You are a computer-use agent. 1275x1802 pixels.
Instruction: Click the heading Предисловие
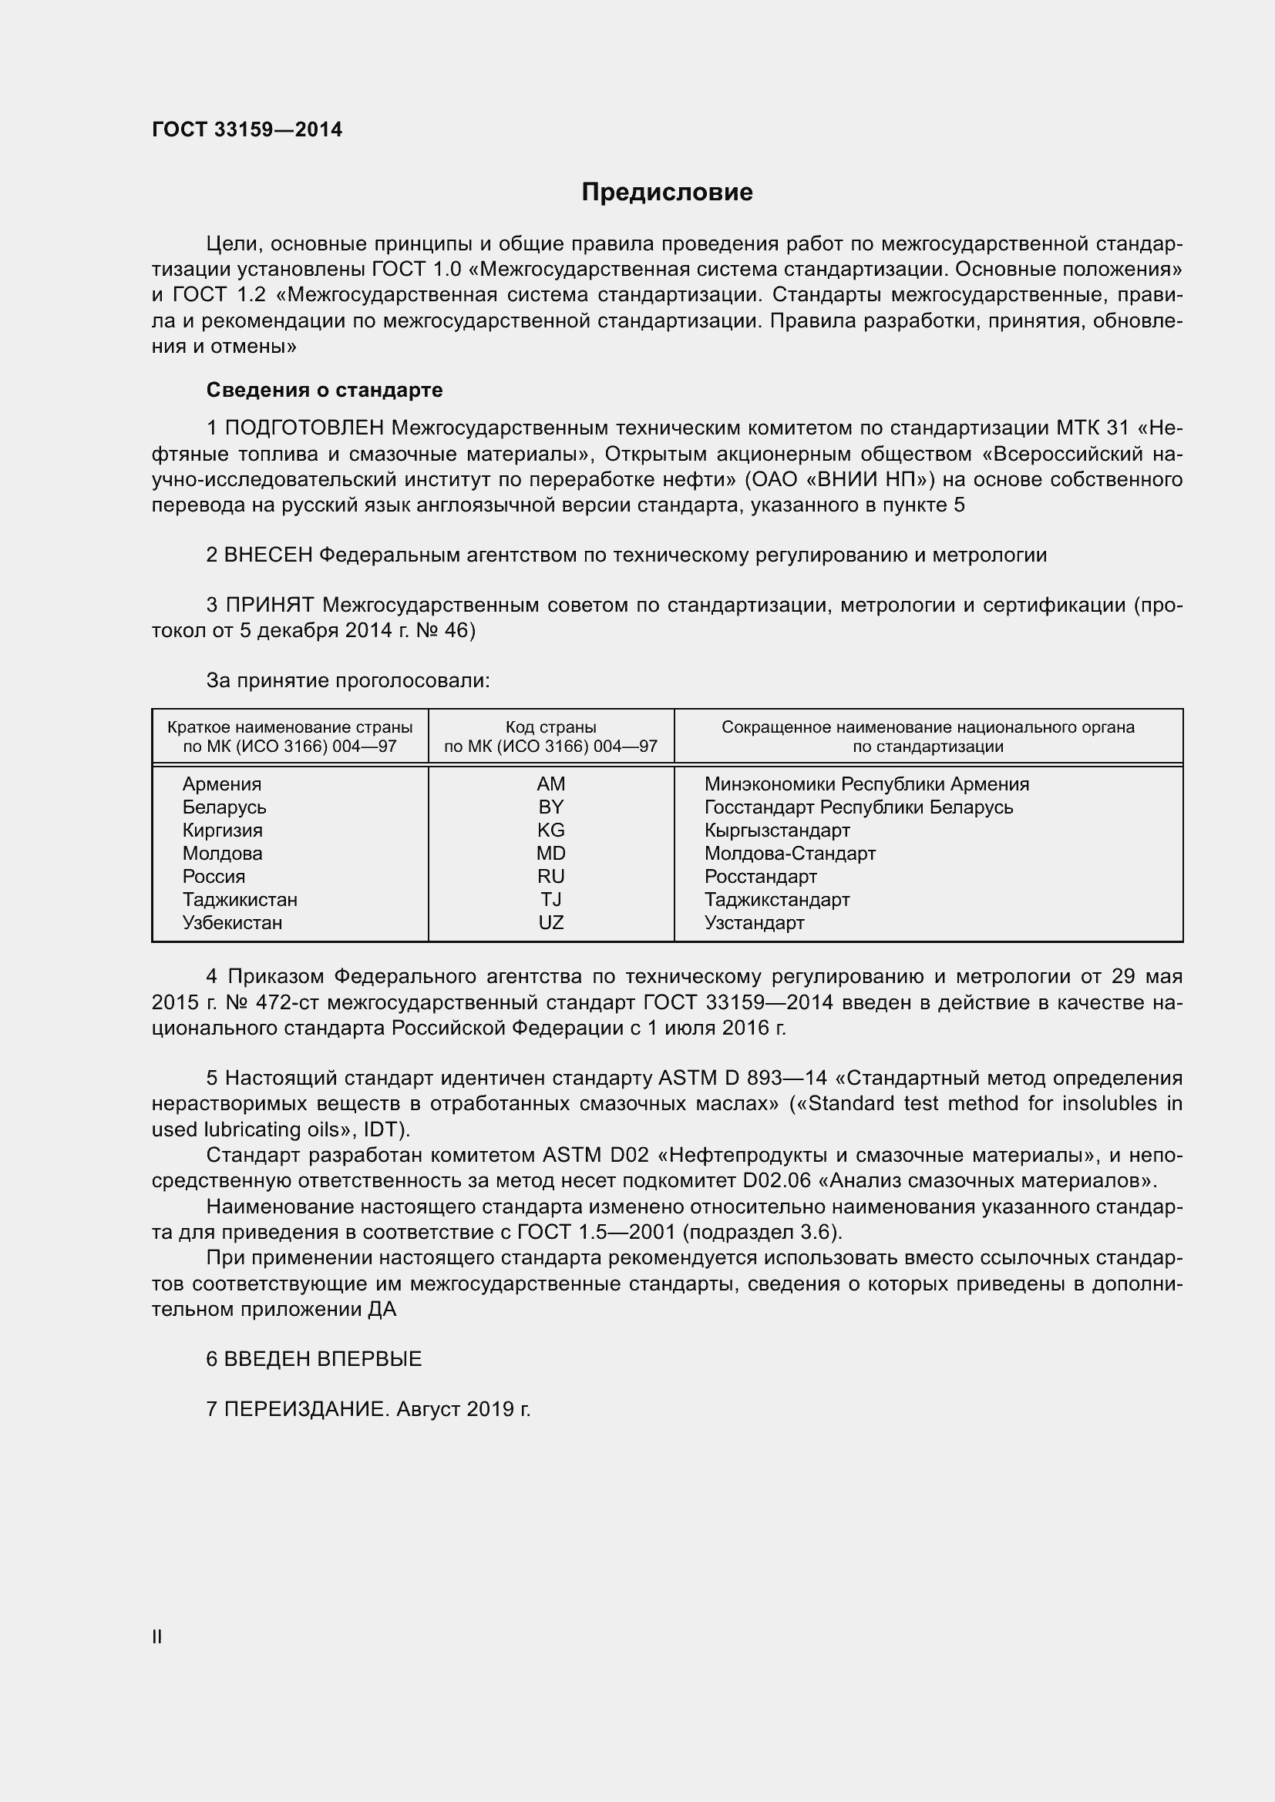point(667,193)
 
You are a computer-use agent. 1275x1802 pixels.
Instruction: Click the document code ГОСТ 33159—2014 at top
point(247,129)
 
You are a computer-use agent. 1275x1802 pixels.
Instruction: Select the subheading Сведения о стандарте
point(325,390)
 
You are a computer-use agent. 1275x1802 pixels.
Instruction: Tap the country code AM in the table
point(550,784)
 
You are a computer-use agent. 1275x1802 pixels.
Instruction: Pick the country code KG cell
point(550,831)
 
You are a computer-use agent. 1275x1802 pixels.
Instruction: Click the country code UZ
point(550,922)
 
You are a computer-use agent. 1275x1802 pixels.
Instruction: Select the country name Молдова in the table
point(222,853)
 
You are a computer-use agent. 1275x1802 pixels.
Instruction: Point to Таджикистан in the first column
point(240,899)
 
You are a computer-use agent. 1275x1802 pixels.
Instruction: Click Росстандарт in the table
point(760,876)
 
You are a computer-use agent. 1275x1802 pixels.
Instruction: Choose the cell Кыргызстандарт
point(776,831)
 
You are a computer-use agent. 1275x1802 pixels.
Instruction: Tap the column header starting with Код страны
point(550,737)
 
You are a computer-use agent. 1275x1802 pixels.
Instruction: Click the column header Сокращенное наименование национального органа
point(927,737)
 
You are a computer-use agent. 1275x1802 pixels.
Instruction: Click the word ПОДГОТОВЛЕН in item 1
point(304,428)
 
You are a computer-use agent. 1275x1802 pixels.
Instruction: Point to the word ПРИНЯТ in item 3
point(269,605)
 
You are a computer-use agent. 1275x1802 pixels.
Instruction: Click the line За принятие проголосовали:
point(348,680)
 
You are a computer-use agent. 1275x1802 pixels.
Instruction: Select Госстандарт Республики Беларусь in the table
point(858,807)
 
